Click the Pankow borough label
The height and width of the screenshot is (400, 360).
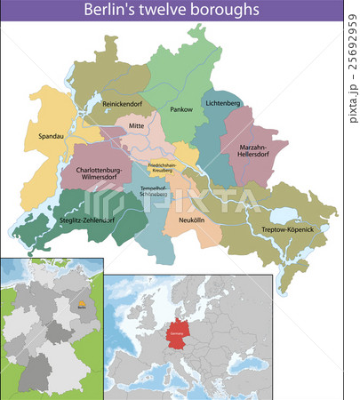[x=181, y=109]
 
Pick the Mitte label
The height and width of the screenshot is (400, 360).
[x=136, y=126]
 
